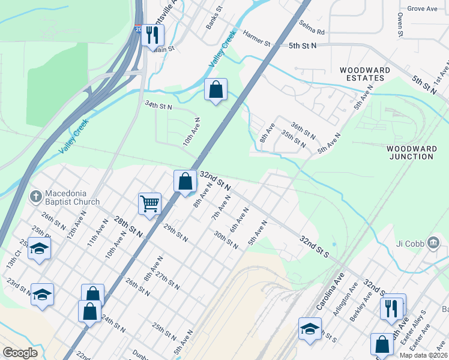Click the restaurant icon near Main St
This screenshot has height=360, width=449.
click(154, 34)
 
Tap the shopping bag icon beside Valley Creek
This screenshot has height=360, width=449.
click(215, 89)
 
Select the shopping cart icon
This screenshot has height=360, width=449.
click(149, 203)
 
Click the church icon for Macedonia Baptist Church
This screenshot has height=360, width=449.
click(36, 197)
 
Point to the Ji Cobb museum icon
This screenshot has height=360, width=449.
click(434, 242)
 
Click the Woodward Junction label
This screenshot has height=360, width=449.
click(410, 152)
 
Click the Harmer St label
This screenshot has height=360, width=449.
click(257, 39)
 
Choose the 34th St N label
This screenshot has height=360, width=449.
click(158, 105)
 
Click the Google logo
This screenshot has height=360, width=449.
click(20, 353)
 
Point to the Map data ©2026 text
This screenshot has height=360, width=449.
click(423, 355)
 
